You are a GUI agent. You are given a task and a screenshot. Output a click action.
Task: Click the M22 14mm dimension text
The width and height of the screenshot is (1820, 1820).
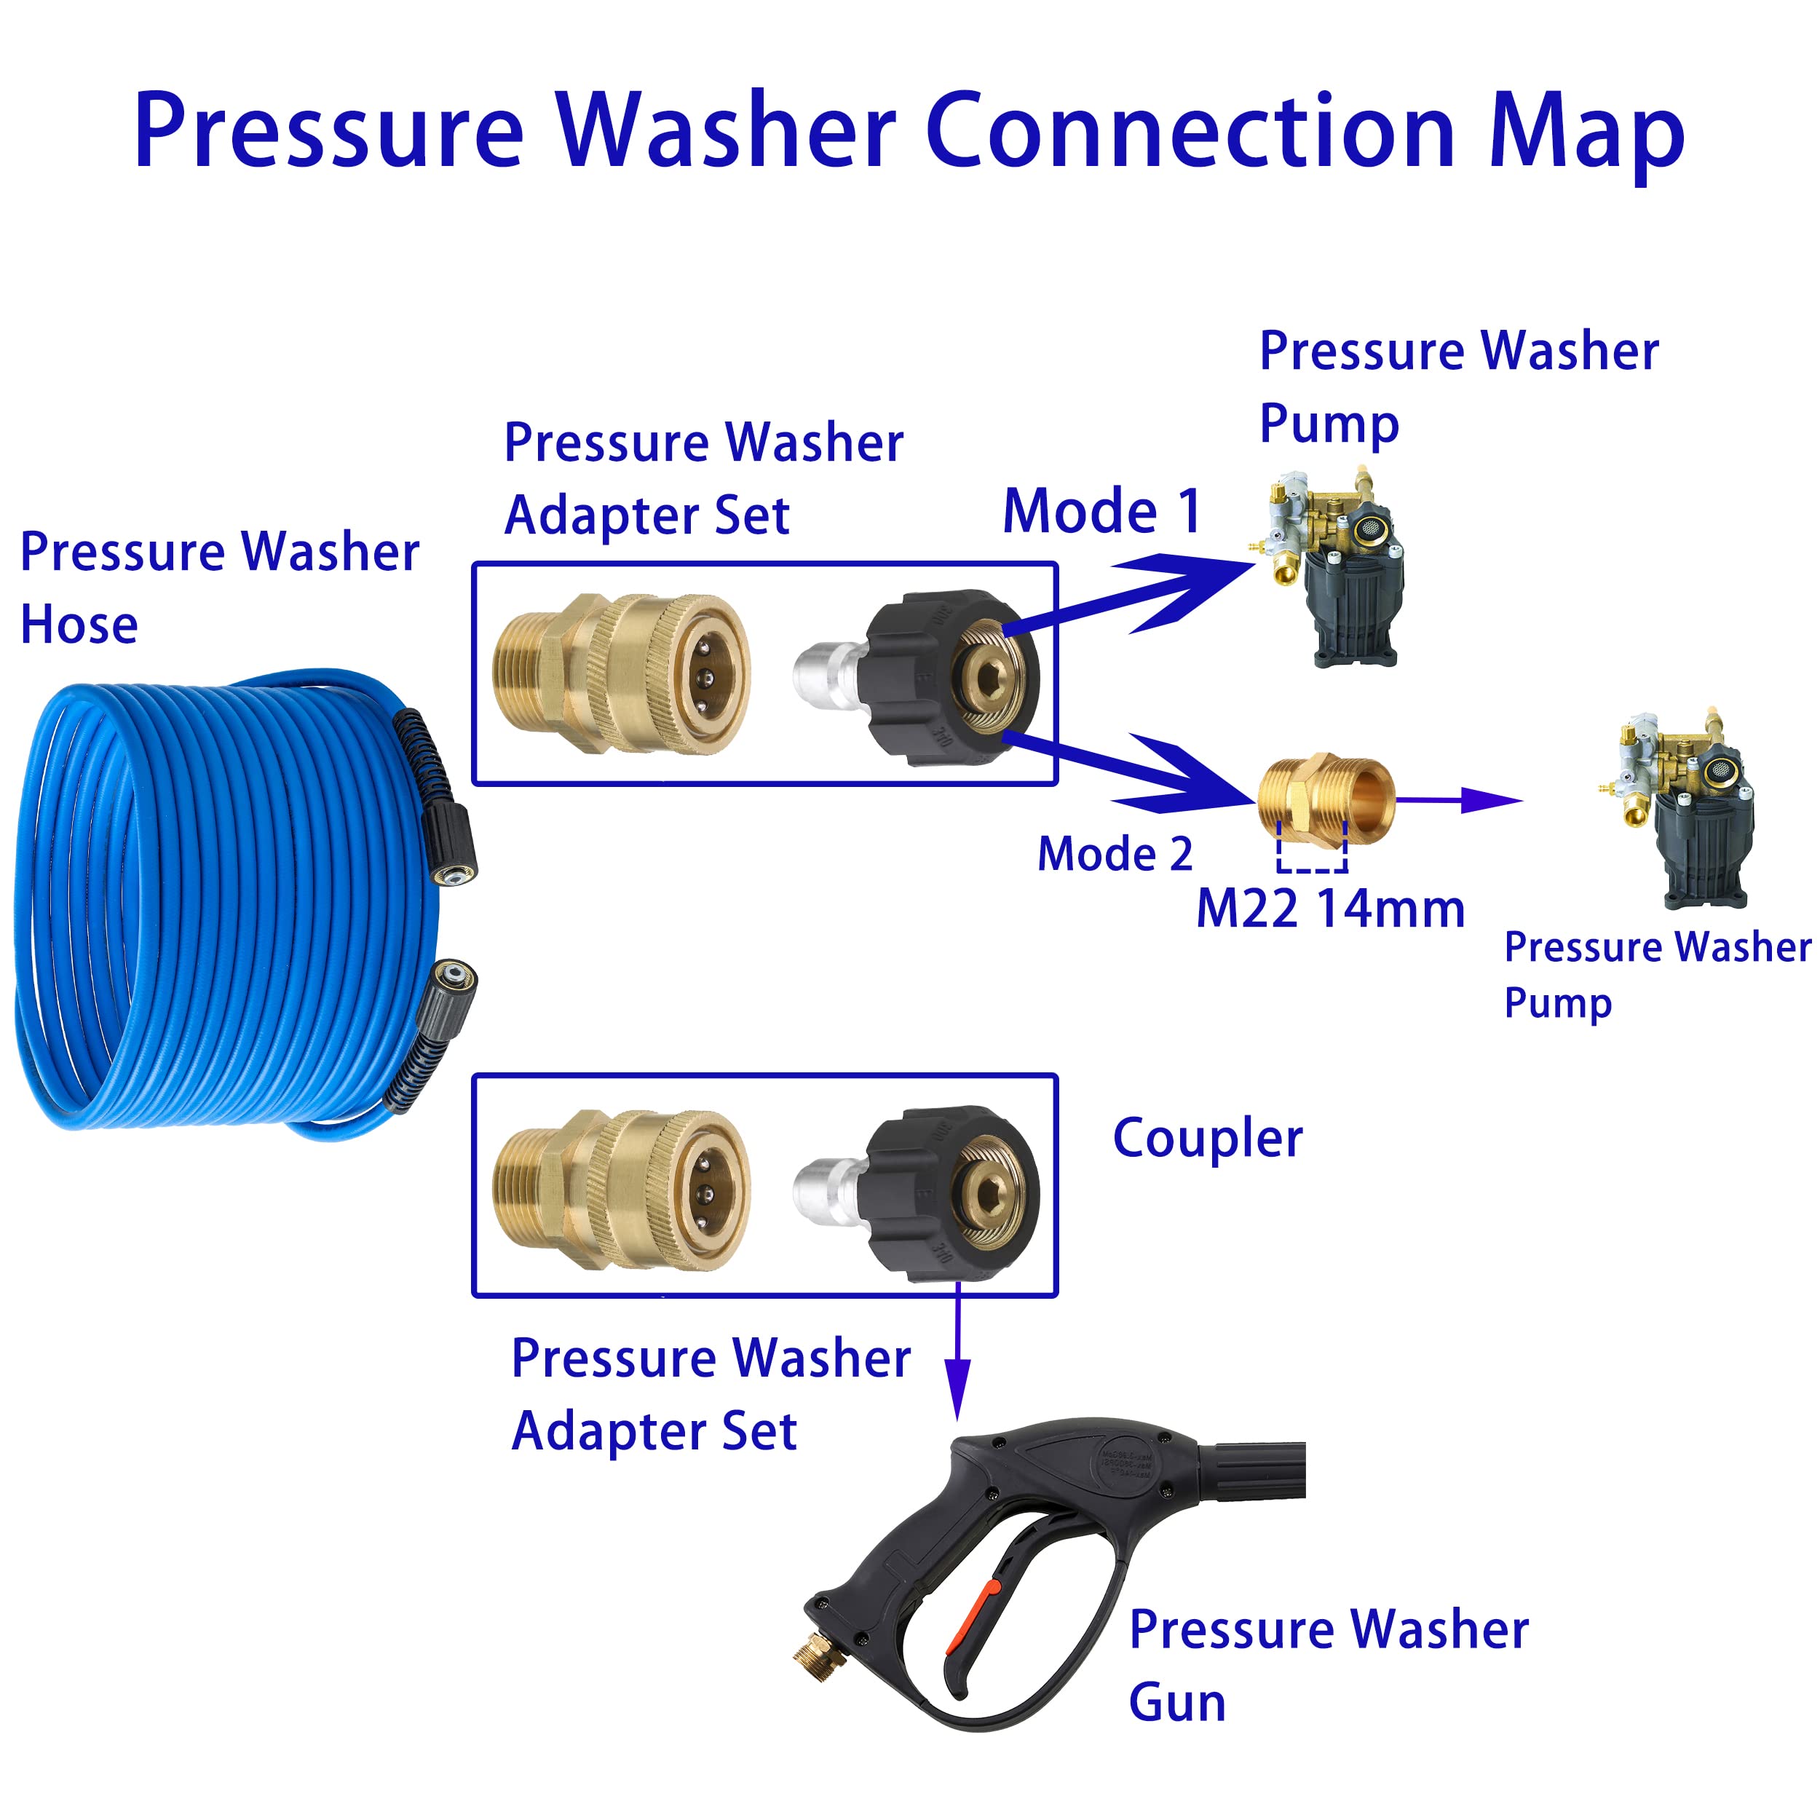[x=1329, y=910]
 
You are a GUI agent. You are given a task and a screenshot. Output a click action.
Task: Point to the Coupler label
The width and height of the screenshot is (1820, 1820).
[x=1207, y=1139]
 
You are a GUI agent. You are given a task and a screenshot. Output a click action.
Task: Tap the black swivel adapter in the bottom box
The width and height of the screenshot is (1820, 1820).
[x=951, y=1193]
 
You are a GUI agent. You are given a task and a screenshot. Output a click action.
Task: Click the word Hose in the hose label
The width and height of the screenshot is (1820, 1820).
[x=79, y=625]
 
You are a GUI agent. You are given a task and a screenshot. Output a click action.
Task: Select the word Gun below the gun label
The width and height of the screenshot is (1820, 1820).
[x=1176, y=1704]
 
